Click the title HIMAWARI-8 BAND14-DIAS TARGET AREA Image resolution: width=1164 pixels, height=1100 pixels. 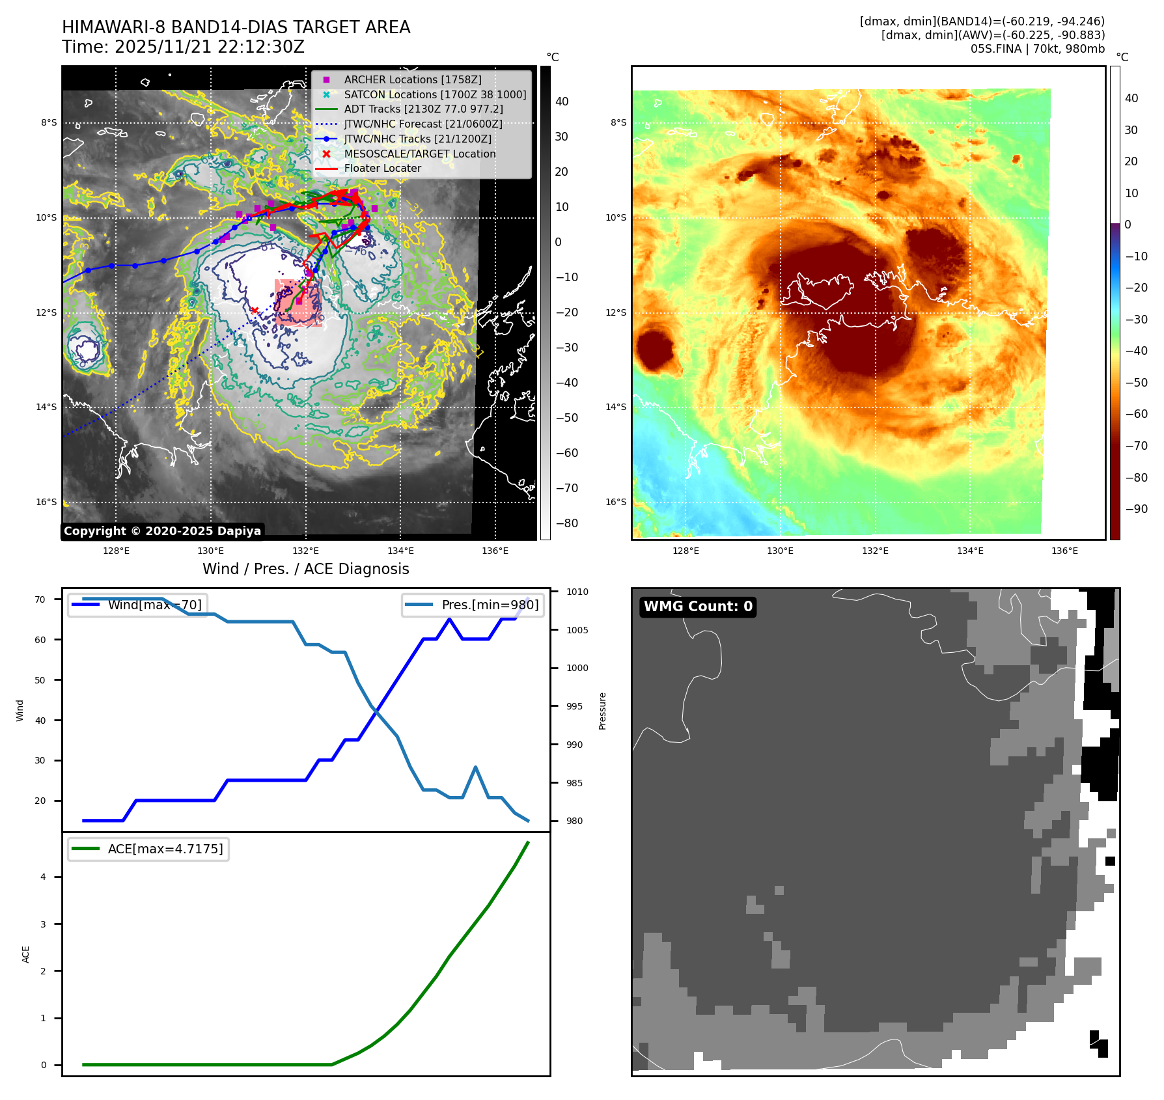(236, 27)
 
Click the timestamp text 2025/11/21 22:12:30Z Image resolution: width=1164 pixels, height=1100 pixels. (209, 47)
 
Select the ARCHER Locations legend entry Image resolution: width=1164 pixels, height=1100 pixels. (413, 79)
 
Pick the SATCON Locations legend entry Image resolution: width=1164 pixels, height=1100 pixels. (435, 94)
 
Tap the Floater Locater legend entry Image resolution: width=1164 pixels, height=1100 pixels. (382, 168)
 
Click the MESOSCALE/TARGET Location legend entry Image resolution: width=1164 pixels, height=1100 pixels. (420, 154)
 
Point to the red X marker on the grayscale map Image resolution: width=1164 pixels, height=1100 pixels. (255, 310)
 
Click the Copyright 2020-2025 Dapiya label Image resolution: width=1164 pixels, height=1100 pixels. (162, 531)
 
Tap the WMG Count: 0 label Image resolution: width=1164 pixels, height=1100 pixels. (698, 607)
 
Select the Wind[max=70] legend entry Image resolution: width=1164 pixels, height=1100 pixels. (154, 605)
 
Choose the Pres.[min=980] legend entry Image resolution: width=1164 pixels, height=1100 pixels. (490, 605)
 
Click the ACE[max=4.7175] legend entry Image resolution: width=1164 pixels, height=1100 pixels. (165, 849)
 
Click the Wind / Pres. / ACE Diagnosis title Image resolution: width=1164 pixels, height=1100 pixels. (305, 569)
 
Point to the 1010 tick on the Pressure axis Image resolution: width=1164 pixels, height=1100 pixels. (577, 592)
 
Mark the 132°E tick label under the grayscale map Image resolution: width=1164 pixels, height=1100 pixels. (305, 551)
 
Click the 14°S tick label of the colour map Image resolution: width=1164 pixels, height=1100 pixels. (615, 407)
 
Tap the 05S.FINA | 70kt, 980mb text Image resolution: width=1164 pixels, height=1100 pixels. (1037, 49)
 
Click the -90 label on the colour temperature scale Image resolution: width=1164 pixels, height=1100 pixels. (1136, 509)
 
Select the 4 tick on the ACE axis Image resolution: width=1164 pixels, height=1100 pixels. (44, 877)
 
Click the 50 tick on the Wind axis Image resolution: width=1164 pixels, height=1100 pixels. (40, 680)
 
